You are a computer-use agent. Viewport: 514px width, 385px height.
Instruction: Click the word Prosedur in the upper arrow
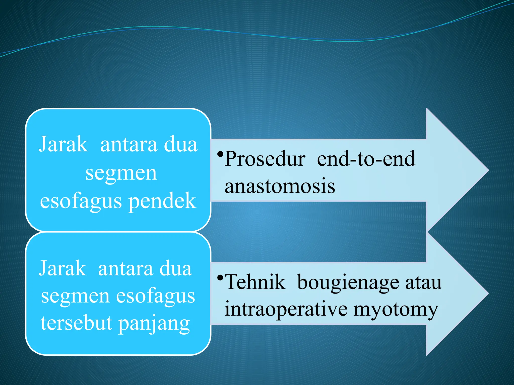[x=265, y=159]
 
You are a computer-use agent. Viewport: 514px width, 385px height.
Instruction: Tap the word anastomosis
[x=280, y=186]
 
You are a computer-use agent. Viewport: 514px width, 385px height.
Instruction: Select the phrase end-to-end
[x=366, y=159]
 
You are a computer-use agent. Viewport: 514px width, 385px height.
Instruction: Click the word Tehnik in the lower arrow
[x=255, y=282]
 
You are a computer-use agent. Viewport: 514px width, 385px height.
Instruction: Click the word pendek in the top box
[x=162, y=201]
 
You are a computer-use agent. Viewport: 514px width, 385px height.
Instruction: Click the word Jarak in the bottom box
[x=62, y=268]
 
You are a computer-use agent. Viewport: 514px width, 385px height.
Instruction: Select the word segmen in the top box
[x=121, y=173]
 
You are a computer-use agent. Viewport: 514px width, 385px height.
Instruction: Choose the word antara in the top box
[x=128, y=145]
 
